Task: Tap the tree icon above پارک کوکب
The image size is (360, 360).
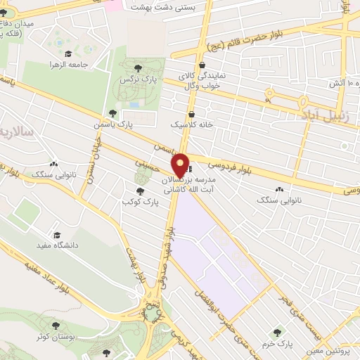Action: (x=141, y=191)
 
